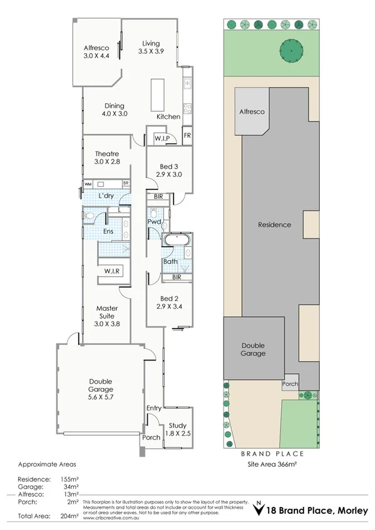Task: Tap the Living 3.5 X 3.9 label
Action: click(150, 47)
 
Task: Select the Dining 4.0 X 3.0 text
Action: click(114, 110)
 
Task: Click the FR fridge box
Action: click(187, 136)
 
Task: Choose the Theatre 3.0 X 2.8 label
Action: click(107, 157)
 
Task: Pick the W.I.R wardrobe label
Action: click(113, 271)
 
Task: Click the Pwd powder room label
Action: click(155, 222)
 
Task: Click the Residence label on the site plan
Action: click(274, 224)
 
